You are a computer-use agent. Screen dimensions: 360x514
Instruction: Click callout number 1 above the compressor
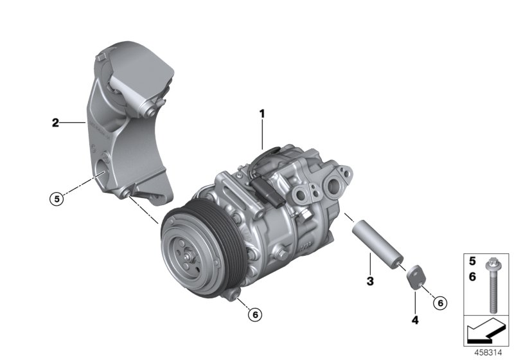[x=262, y=114]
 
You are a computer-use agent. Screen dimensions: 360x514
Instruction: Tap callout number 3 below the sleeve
[x=370, y=281]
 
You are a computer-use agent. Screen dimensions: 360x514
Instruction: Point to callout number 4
[x=415, y=318]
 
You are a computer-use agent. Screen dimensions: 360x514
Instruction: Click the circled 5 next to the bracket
[x=57, y=199]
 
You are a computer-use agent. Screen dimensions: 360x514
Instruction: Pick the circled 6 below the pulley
[x=254, y=314]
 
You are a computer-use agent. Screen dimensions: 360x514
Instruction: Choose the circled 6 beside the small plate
[x=441, y=302]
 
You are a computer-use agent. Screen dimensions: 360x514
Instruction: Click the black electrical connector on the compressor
[x=263, y=190]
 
